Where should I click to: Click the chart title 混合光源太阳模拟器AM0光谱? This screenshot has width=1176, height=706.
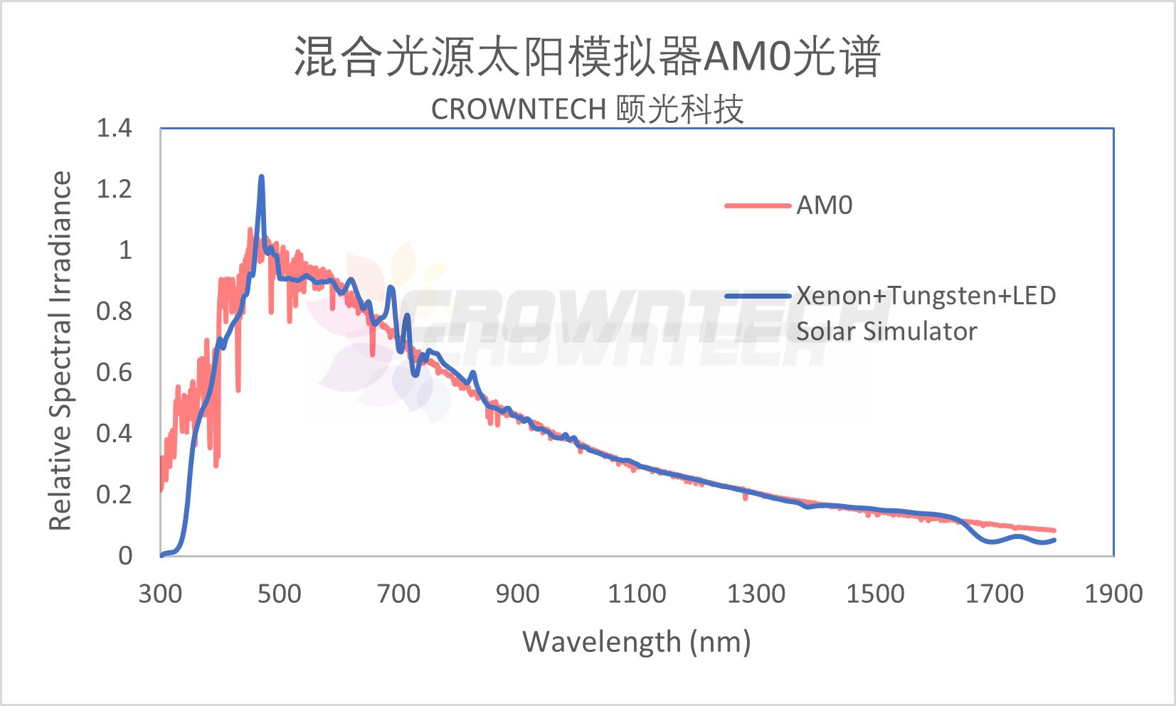(588, 56)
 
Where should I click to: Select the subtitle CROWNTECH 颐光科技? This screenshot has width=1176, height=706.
(588, 109)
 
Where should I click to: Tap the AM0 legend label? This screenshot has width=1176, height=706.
(824, 205)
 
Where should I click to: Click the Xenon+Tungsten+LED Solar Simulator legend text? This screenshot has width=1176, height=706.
(925, 313)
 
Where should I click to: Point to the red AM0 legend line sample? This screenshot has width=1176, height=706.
(758, 206)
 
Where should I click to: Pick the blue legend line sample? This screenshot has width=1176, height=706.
(758, 296)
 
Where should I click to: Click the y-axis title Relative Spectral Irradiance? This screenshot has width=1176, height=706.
(60, 351)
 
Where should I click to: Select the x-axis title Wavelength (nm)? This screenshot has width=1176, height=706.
(637, 642)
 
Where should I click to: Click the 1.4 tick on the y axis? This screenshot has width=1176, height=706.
(114, 129)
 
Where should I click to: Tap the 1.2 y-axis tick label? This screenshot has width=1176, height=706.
(114, 189)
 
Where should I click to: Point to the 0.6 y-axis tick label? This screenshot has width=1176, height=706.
(114, 373)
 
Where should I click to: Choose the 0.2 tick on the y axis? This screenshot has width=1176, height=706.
(114, 494)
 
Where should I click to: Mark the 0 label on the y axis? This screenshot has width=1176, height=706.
(125, 555)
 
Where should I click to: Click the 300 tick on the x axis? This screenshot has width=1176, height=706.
(160, 594)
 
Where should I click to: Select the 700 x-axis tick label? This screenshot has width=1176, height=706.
(398, 594)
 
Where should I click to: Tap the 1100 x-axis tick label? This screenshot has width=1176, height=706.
(637, 594)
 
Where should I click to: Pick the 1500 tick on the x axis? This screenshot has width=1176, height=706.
(875, 594)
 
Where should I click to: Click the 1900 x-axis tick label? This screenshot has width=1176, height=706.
(1113, 594)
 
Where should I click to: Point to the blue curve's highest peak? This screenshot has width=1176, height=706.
(261, 177)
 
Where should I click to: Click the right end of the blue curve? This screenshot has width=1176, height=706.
(1054, 540)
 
